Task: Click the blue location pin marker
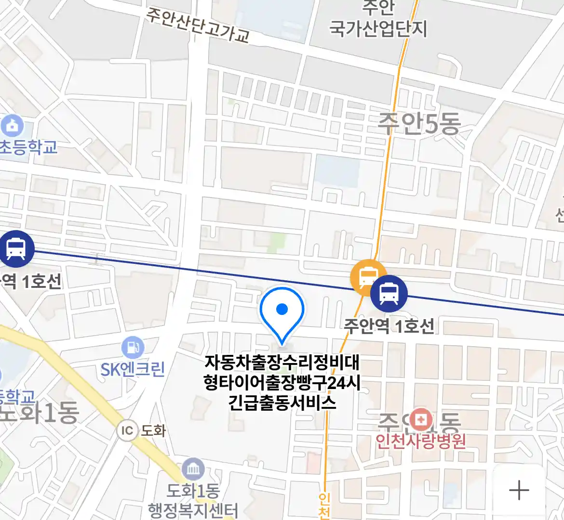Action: pos(282,310)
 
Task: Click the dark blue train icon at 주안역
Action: pos(389,293)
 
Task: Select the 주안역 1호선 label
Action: pos(389,326)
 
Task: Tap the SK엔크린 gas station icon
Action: pos(133,347)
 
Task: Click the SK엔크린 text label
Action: pos(133,370)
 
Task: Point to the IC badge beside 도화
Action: pos(127,430)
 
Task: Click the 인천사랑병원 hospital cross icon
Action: pos(421,419)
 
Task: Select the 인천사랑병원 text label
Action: pos(421,441)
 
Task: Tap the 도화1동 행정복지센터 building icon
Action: pos(193,469)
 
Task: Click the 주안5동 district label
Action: pos(419,124)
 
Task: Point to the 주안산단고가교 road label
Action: pos(198,25)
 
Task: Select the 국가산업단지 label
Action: pos(378,29)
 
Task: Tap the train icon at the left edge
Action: pos(16,249)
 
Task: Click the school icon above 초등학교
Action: pos(13,126)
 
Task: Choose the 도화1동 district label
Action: pos(40,413)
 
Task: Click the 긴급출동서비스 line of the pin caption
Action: pos(282,403)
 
